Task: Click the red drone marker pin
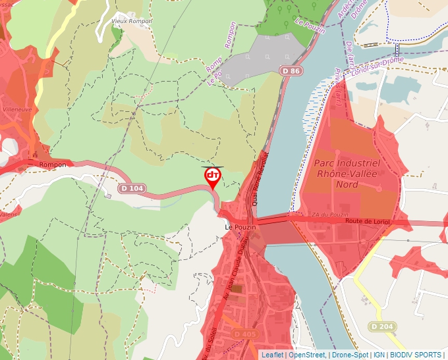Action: pyautogui.click(x=213, y=176)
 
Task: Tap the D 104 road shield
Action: pyautogui.click(x=132, y=188)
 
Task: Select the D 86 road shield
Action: pyautogui.click(x=293, y=70)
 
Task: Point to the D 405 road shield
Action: pyautogui.click(x=244, y=334)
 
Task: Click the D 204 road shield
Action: pyautogui.click(x=381, y=326)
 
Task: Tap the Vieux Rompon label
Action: pyautogui.click(x=132, y=21)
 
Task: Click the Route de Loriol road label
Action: pyautogui.click(x=368, y=222)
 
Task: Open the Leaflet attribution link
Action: pyautogui.click(x=272, y=355)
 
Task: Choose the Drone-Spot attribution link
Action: pyautogui.click(x=349, y=355)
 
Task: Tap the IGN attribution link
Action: pyautogui.click(x=379, y=355)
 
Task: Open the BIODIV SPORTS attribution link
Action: pyautogui.click(x=416, y=355)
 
